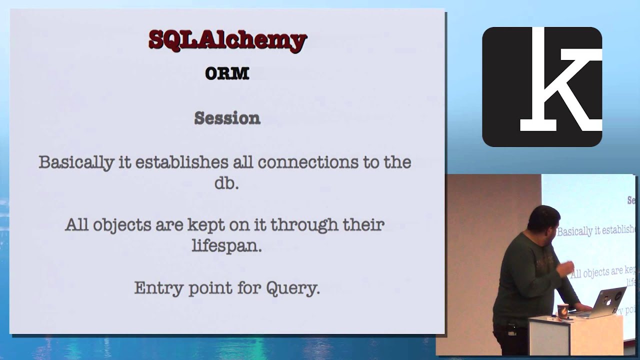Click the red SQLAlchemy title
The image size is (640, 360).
pyautogui.click(x=227, y=40)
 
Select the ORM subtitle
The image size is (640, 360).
pyautogui.click(x=227, y=73)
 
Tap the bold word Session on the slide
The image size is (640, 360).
pyautogui.click(x=227, y=118)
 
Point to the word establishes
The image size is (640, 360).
pyautogui.click(x=193, y=163)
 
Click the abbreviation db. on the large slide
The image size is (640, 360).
pyautogui.click(x=226, y=183)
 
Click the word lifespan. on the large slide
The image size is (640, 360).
pyautogui.click(x=226, y=246)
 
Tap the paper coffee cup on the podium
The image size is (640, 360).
pyautogui.click(x=562, y=311)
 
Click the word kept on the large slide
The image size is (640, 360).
pyautogui.click(x=206, y=225)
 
